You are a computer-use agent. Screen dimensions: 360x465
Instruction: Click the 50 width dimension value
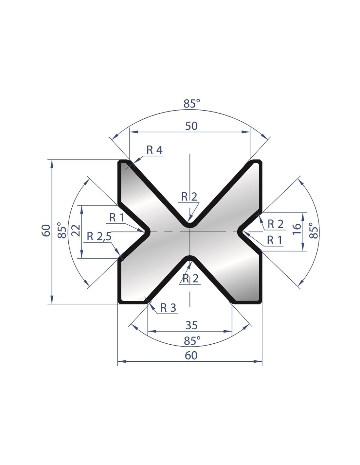pyautogui.click(x=191, y=126)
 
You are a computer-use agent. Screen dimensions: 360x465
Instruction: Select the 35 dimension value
pyautogui.click(x=191, y=325)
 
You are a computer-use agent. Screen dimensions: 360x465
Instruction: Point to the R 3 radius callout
pyautogui.click(x=168, y=308)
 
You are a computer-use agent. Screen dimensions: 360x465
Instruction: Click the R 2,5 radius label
pyautogui.click(x=99, y=237)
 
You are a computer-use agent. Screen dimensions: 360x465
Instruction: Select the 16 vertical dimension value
pyautogui.click(x=297, y=229)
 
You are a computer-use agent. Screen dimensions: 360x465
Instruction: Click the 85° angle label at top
pyautogui.click(x=191, y=104)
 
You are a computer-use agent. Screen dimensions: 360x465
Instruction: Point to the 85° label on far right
pyautogui.click(x=314, y=231)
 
